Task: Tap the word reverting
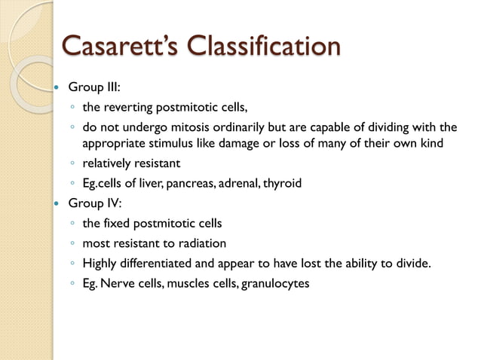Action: coord(129,106)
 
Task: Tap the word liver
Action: coord(154,182)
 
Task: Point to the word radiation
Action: coord(203,243)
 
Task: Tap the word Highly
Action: coord(100,263)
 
